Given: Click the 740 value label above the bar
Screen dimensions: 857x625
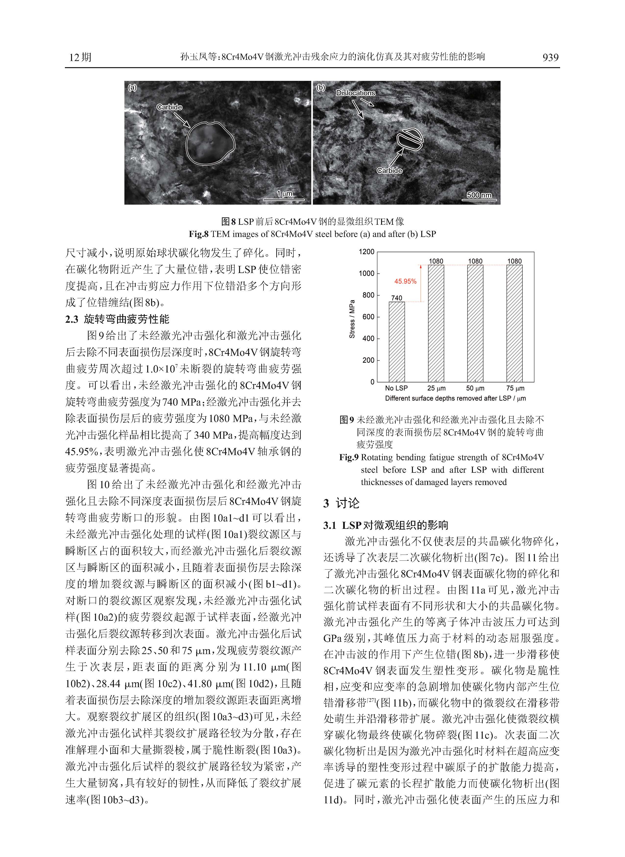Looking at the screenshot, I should [397, 298].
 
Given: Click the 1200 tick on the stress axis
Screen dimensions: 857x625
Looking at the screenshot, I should [366, 252].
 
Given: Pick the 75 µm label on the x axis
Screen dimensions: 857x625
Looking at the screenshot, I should [515, 388].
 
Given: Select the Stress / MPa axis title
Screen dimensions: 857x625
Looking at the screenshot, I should [352, 319].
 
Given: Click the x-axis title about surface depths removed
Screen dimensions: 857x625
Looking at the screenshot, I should [455, 398].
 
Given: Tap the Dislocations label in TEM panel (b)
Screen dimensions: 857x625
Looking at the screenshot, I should [355, 93].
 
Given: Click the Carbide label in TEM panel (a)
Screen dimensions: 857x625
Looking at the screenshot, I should [169, 107].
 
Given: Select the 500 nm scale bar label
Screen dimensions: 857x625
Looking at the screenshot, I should [479, 195].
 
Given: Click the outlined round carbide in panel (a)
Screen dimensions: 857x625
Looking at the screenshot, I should [210, 143].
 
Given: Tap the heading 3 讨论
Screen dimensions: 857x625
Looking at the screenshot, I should [341, 503].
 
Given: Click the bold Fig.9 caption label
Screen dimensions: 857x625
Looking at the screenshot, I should [349, 457].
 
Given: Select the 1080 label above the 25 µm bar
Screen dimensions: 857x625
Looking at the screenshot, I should [436, 261].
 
